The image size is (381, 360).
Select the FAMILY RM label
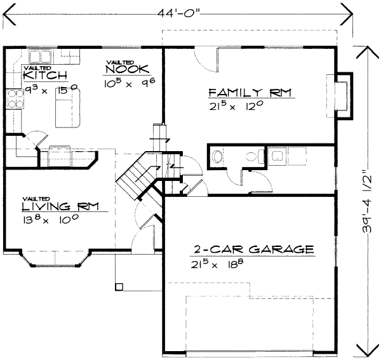250,93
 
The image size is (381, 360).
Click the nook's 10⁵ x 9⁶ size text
129,83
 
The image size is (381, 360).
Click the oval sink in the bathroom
217,156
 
